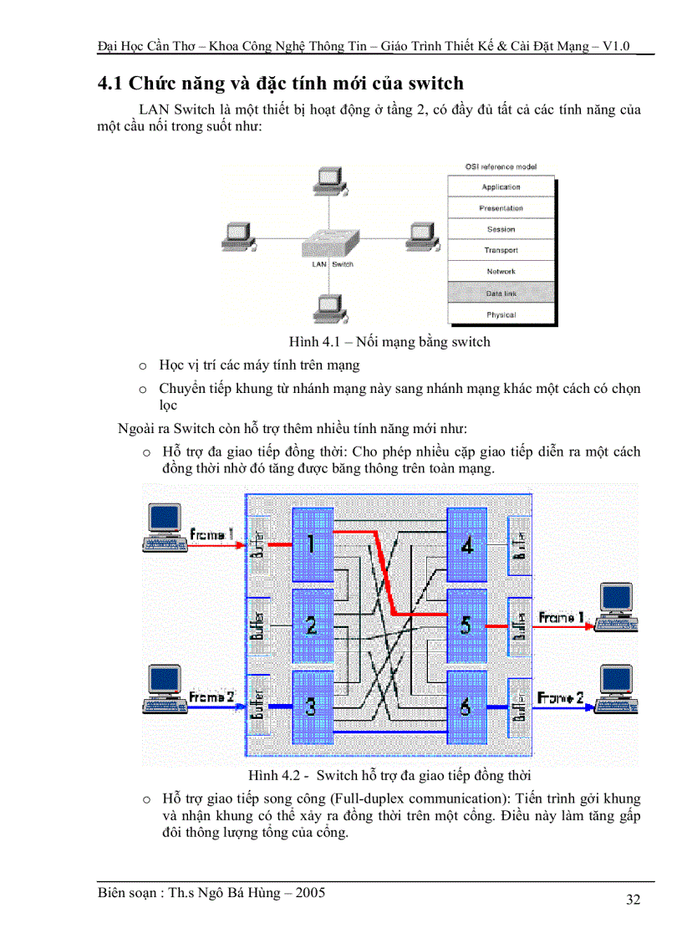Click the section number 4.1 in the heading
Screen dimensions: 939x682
(x=111, y=84)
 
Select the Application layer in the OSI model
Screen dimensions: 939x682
(x=501, y=186)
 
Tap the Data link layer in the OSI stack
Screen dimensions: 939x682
(x=501, y=293)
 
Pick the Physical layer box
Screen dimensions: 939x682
(x=501, y=314)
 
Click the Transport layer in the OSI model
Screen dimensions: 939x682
(x=501, y=250)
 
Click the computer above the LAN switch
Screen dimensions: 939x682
(x=329, y=181)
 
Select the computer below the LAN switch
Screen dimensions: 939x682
(x=329, y=308)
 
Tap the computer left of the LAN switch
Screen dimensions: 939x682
(x=238, y=238)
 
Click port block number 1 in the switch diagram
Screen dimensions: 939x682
(x=311, y=544)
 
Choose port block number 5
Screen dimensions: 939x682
(x=466, y=625)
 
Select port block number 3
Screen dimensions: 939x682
(x=311, y=707)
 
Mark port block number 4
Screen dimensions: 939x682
(x=466, y=544)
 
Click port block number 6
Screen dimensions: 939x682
(x=466, y=707)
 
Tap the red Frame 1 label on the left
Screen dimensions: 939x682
(x=212, y=533)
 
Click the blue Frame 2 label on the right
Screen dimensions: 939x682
(x=560, y=696)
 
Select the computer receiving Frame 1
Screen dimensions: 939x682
(x=616, y=608)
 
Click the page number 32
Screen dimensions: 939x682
(x=633, y=900)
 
